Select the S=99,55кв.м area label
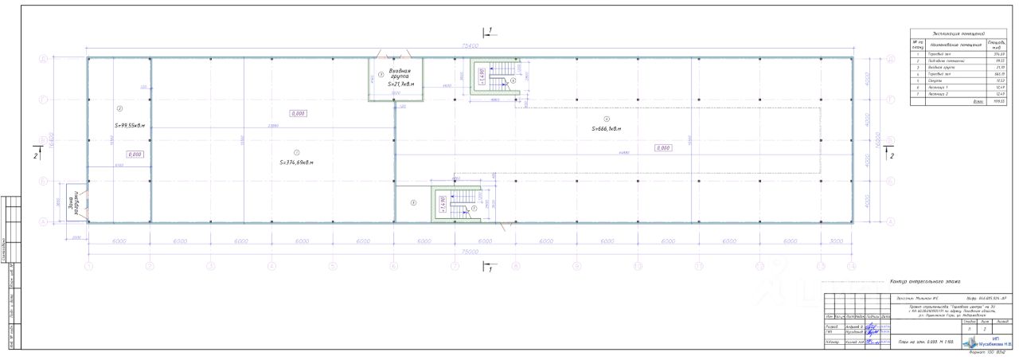point(127,125)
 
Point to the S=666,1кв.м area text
point(606,128)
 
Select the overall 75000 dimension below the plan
point(470,252)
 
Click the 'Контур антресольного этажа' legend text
point(924,281)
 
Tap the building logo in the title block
point(971,342)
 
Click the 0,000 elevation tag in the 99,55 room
point(135,154)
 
